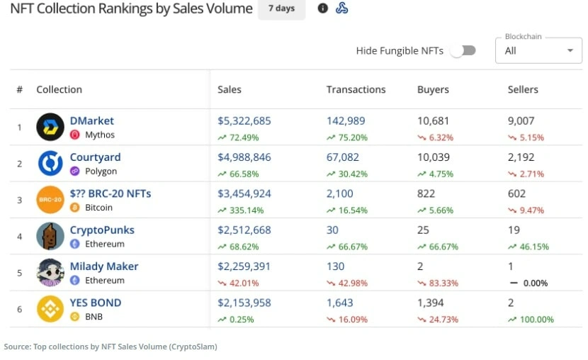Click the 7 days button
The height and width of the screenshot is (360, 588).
(282, 9)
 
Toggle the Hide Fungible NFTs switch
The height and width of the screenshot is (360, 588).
(463, 50)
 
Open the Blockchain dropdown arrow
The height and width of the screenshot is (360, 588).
(570, 50)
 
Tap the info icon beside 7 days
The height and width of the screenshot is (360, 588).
(322, 8)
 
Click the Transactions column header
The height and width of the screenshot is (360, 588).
(356, 89)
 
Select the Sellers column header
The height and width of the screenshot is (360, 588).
(523, 89)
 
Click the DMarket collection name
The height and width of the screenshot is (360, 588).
(92, 120)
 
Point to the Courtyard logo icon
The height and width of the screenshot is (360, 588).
(50, 163)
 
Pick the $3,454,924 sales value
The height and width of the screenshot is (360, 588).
(244, 193)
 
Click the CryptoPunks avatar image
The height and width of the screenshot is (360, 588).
(50, 236)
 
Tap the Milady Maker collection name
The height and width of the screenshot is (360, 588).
(104, 266)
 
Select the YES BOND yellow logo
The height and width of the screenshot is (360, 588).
(50, 309)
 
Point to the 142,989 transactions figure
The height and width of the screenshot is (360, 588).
(346, 120)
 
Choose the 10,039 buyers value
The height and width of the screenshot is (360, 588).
(434, 157)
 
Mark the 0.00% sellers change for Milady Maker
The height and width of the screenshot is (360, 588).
(536, 283)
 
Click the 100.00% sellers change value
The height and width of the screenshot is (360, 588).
(536, 320)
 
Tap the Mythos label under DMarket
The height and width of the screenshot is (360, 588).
(100, 135)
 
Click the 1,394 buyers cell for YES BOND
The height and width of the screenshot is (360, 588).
(431, 303)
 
